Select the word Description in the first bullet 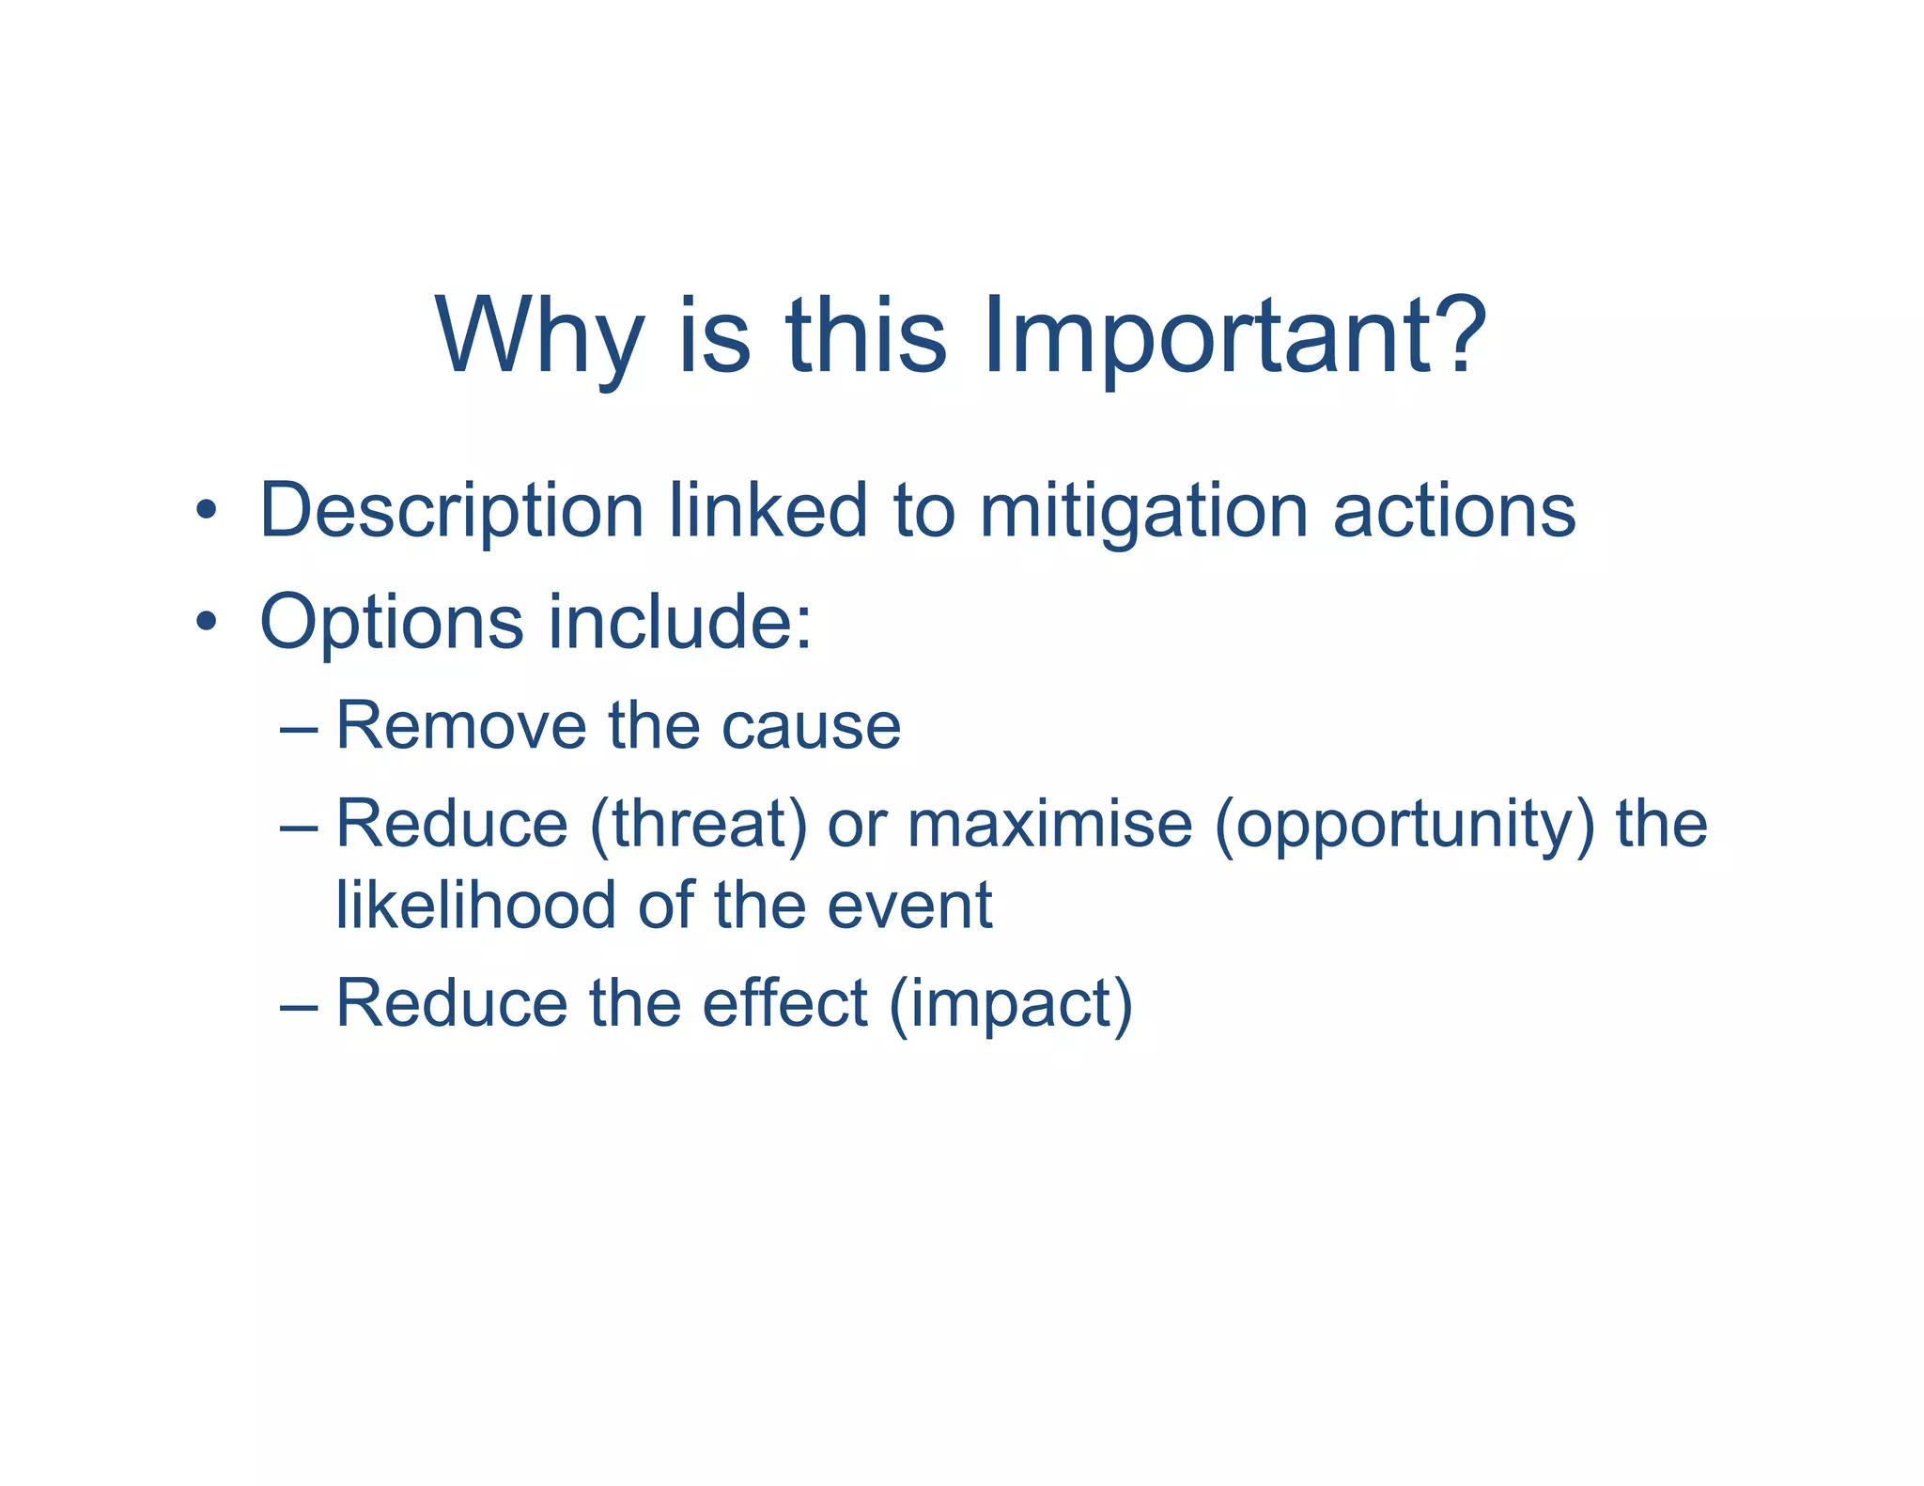tap(451, 512)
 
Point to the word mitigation tap(1143, 512)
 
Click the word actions tap(1453, 512)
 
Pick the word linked tap(768, 512)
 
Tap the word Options tap(391, 622)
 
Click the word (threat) tap(698, 825)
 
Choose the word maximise tap(1049, 825)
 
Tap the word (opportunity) tap(1404, 825)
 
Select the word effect tap(784, 1003)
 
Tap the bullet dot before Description tap(206, 513)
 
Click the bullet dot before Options tap(206, 623)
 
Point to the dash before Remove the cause tap(299, 729)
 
